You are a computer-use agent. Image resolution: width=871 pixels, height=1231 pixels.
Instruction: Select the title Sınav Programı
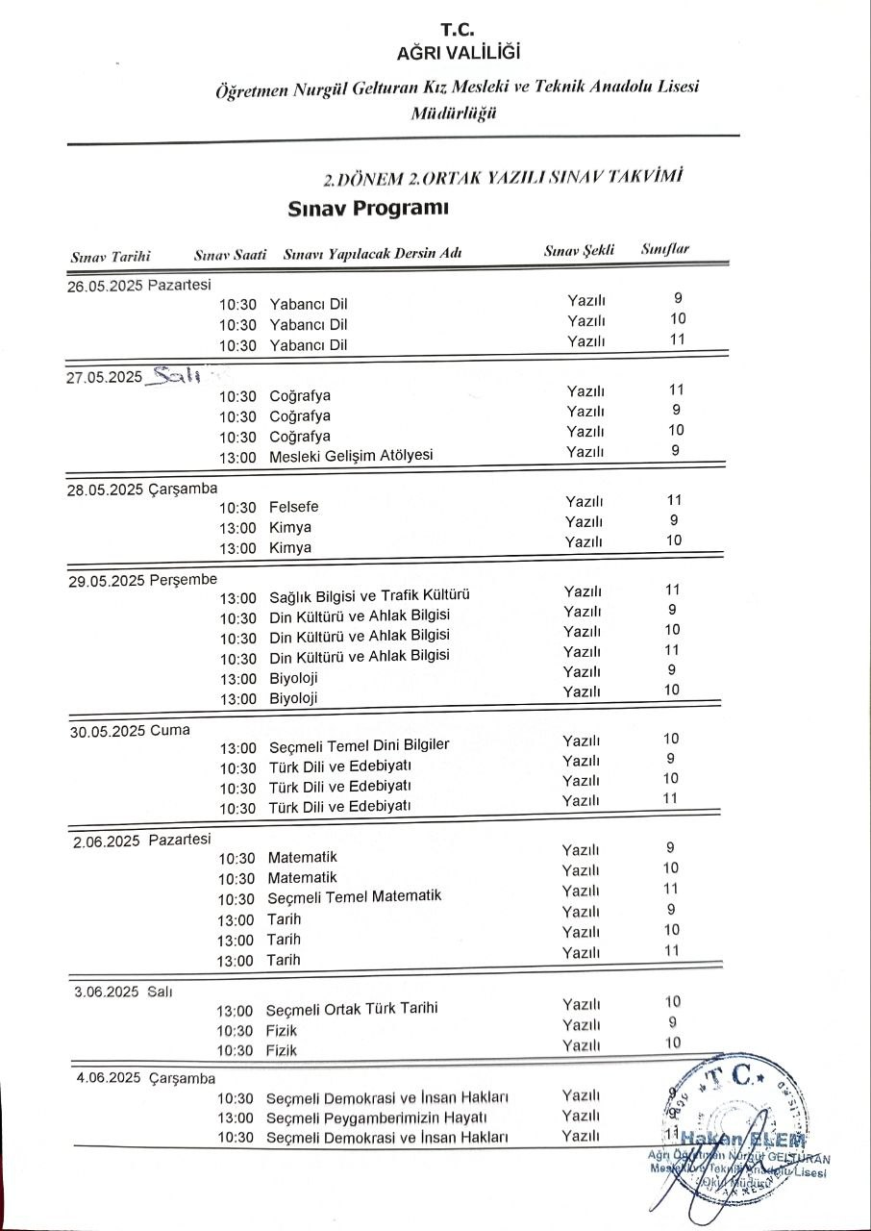pos(369,209)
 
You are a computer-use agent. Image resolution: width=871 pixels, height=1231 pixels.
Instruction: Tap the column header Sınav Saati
pos(230,255)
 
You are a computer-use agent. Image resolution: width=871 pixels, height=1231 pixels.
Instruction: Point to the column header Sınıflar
pos(665,250)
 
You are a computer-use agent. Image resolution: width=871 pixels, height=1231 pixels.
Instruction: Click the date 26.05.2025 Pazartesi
pos(138,285)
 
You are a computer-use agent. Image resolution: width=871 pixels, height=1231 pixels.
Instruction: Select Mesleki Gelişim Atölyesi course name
pos(351,456)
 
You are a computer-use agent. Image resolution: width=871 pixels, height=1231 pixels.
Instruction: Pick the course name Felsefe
pos(294,507)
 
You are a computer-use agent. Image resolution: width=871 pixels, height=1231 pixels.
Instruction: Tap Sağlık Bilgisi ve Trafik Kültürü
pos(369,596)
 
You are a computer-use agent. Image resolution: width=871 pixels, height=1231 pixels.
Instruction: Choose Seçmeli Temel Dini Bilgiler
pos(359,745)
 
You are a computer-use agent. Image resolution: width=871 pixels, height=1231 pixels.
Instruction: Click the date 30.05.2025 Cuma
pos(130,730)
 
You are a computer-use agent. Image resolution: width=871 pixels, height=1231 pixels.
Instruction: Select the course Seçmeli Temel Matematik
pos(354,896)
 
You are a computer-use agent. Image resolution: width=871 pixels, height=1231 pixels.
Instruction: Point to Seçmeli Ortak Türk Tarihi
pos(352,1009)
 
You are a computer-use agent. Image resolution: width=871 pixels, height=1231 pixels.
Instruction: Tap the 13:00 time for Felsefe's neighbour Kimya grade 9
pos(237,528)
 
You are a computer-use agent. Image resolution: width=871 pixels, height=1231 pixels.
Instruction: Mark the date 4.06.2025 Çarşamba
pos(146,1078)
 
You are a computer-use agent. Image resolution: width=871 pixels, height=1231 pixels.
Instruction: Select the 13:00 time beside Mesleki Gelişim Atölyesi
pos(237,457)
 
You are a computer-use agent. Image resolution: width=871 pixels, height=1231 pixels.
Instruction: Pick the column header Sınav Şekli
pos(579,250)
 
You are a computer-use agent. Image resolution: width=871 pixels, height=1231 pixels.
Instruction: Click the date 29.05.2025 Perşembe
pos(142,580)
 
